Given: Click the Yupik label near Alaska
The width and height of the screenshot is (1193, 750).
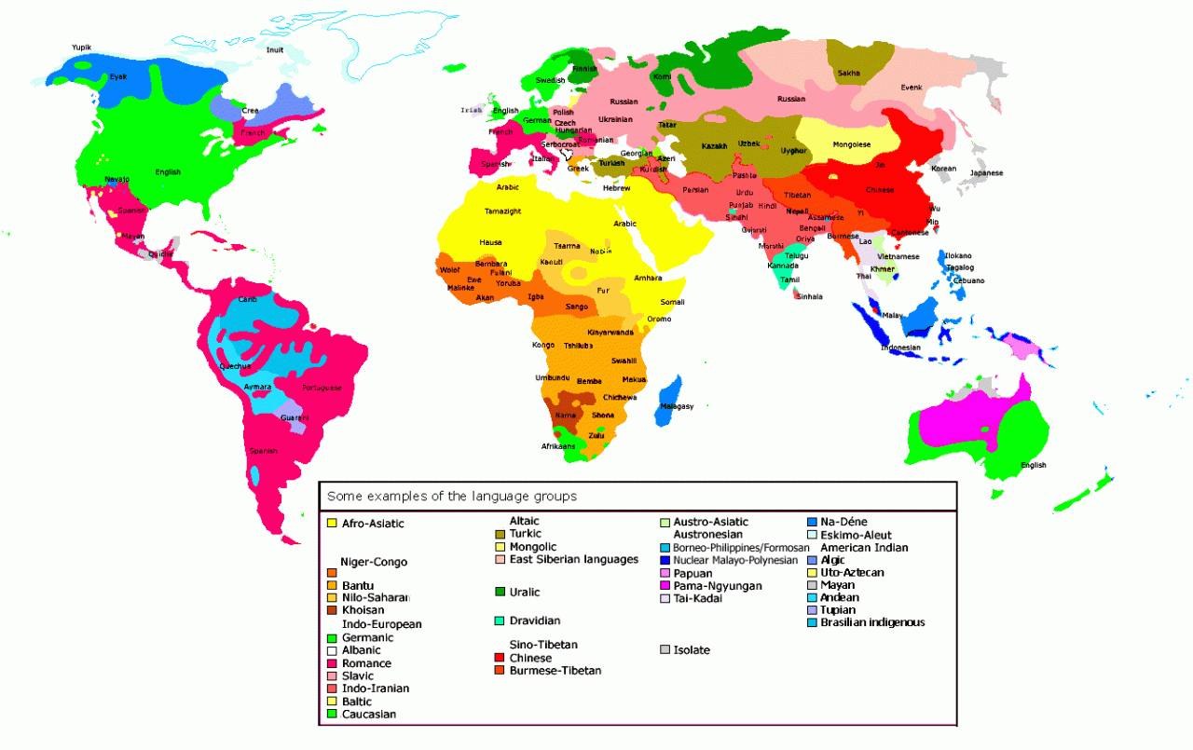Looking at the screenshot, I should tap(81, 47).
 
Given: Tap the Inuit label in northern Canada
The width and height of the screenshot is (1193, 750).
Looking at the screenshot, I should tap(274, 49).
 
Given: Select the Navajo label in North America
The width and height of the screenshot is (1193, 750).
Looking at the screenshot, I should tap(117, 179).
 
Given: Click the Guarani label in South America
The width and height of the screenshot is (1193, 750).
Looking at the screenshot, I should tap(295, 417).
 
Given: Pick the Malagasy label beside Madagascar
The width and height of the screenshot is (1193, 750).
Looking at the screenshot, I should tap(677, 406).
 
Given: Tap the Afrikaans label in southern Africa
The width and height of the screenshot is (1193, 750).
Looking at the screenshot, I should tap(559, 446).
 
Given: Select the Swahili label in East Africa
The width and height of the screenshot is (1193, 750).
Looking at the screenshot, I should tap(624, 361).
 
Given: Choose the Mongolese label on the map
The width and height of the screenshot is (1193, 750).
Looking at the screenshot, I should tap(851, 144).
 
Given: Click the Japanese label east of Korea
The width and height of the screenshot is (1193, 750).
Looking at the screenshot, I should tap(986, 173).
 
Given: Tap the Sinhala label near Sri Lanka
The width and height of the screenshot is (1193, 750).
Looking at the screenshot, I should tap(809, 296).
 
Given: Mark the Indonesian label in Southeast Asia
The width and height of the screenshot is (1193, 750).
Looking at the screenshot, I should tap(900, 348).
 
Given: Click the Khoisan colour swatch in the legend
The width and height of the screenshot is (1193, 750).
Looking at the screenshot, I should tap(332, 610).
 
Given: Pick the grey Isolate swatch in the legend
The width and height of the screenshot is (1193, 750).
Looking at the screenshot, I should tap(665, 649).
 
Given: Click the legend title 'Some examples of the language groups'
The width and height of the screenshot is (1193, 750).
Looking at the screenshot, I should tap(451, 497).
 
